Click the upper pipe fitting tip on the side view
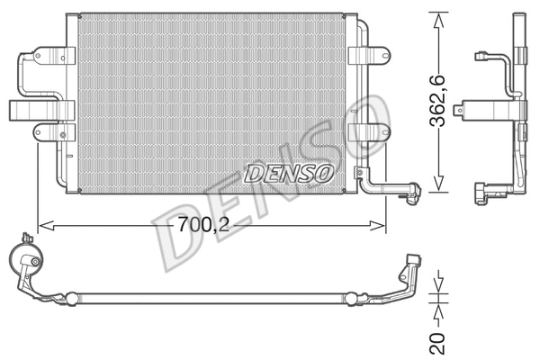(x=481, y=58)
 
